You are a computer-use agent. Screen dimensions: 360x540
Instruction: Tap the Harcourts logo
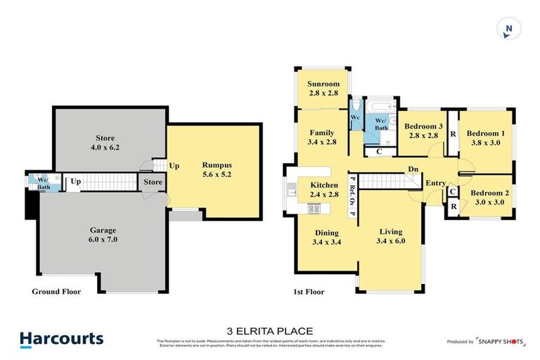pyautogui.click(x=62, y=340)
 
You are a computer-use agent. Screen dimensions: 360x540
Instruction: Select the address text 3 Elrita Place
pyautogui.click(x=269, y=331)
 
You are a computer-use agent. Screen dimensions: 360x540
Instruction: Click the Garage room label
pyautogui.click(x=103, y=230)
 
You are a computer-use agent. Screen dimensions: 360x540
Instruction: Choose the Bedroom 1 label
pyautogui.click(x=486, y=134)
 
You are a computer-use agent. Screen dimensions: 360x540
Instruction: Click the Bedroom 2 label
pyautogui.click(x=489, y=193)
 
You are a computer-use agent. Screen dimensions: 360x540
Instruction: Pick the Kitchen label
pyautogui.click(x=324, y=185)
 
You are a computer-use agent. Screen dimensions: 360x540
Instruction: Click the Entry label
pyautogui.click(x=436, y=184)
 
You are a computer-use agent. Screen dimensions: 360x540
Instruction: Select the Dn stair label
pyautogui.click(x=414, y=169)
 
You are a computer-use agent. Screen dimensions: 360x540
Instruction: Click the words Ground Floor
pyautogui.click(x=57, y=291)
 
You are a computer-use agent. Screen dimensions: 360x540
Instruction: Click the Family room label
pyautogui.click(x=322, y=132)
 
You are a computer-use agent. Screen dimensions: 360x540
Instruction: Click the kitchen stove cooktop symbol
pyautogui.click(x=314, y=208)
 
